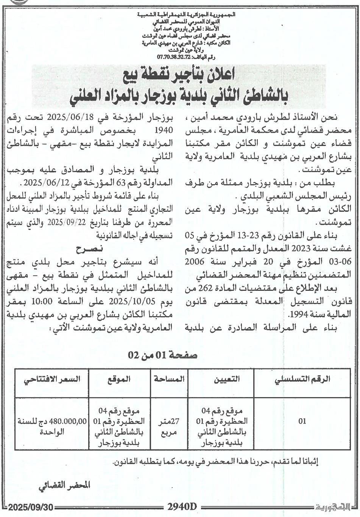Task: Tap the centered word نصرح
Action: point(87,249)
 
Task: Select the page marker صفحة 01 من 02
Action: point(163,356)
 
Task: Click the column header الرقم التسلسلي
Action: point(302,379)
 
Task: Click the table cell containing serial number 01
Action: point(302,421)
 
